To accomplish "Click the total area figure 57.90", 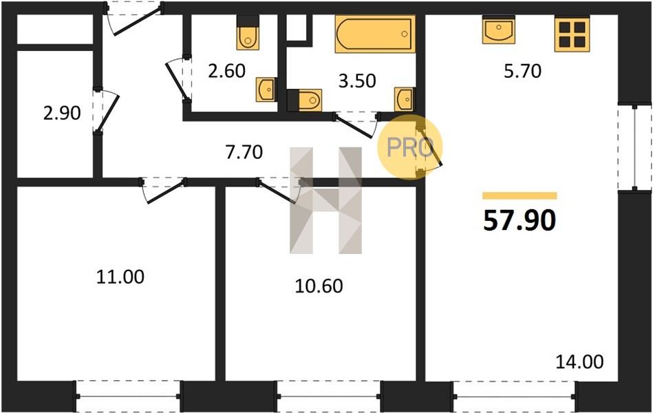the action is [520, 220].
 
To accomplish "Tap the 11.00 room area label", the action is [120, 277].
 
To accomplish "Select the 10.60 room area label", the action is [319, 286].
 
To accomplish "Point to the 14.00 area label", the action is [579, 362].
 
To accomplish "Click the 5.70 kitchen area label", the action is [523, 72].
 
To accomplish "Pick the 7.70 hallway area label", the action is [244, 152].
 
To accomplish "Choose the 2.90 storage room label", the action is [62, 114].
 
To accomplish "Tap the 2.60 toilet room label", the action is [227, 72].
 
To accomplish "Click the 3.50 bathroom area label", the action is [357, 81].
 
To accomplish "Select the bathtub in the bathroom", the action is [375, 34].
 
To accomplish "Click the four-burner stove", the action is [572, 34].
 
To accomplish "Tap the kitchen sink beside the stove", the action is [498, 30].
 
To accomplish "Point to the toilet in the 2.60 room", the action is [248, 33].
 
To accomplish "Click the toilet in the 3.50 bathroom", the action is [304, 100].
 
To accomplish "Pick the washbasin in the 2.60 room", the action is [266, 89].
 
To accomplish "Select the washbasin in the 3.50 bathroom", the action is [405, 99].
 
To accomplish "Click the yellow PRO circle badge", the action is [410, 147].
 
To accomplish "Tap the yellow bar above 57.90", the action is [520, 196].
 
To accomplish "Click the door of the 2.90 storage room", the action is [105, 111].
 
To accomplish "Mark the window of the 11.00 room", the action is [127, 396].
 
